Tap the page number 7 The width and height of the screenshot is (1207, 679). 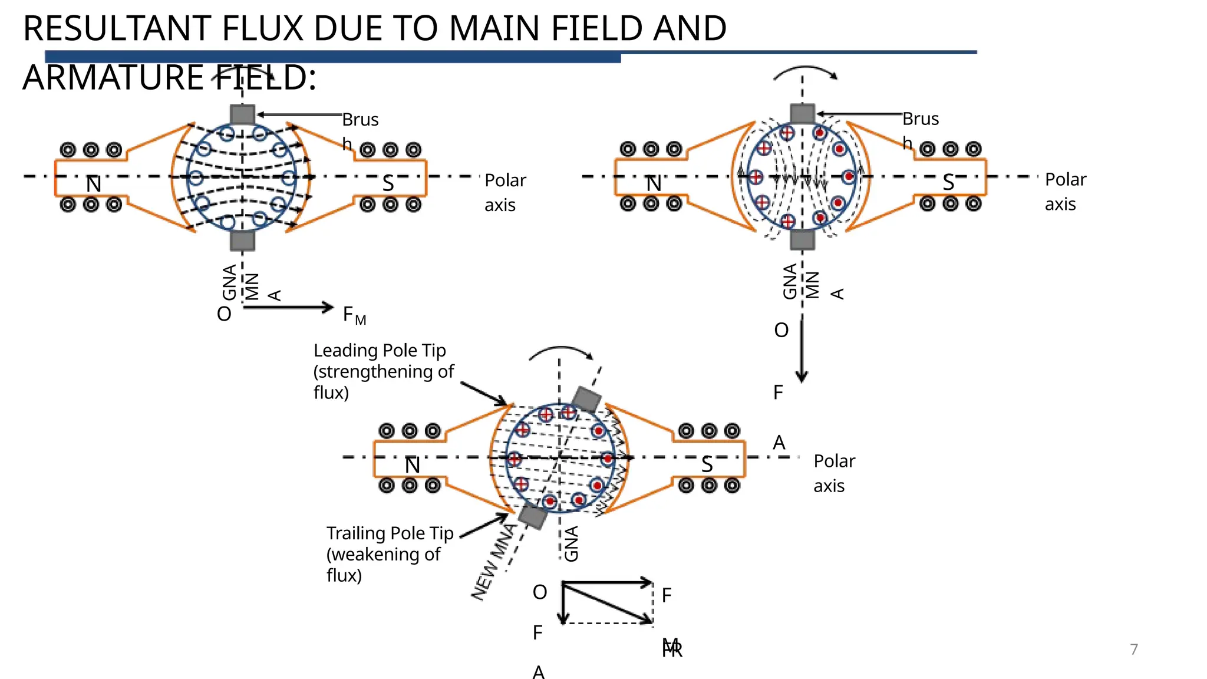pyautogui.click(x=1133, y=649)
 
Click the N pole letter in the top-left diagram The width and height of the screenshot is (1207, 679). pyautogui.click(x=94, y=184)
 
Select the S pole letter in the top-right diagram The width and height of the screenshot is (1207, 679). pyautogui.click(x=948, y=183)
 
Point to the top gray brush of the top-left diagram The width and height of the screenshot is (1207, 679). pyautogui.click(x=242, y=114)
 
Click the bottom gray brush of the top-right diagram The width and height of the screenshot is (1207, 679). pyautogui.click(x=802, y=240)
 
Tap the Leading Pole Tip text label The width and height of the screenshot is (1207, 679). pyautogui.click(x=380, y=350)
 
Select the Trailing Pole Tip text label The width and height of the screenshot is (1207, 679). pyautogui.click(x=390, y=533)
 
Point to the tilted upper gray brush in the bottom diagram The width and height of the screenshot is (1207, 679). pyautogui.click(x=586, y=400)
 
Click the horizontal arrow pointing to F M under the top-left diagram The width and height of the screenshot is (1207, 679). pyautogui.click(x=289, y=307)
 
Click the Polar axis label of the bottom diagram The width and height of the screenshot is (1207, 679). pyautogui.click(x=833, y=473)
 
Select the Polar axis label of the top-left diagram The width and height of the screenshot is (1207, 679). pyautogui.click(x=504, y=192)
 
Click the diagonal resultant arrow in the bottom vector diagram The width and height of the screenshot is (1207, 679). pyautogui.click(x=607, y=602)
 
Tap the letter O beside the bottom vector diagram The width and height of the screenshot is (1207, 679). pyautogui.click(x=539, y=592)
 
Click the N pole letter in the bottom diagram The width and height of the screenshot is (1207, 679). pyautogui.click(x=412, y=466)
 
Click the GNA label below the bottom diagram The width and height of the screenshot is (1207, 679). pyautogui.click(x=571, y=543)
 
